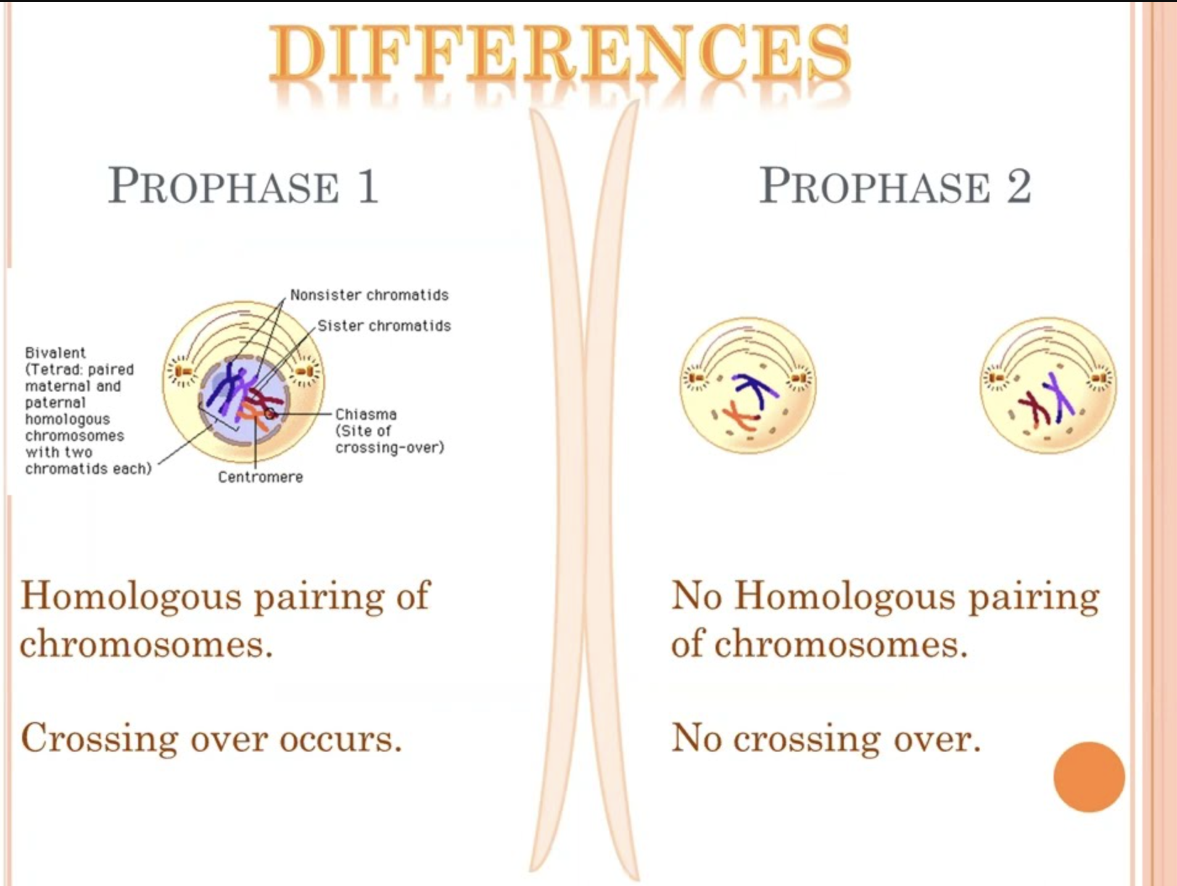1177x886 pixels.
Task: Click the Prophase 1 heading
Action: point(243,186)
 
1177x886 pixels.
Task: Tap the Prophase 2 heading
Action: point(894,186)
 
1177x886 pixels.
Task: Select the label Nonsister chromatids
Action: point(369,295)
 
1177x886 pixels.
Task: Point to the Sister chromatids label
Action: point(384,326)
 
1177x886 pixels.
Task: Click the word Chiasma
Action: point(365,414)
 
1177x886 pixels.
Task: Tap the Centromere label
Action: point(260,477)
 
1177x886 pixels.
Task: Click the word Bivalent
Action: point(56,353)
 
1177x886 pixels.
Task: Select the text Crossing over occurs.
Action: point(211,738)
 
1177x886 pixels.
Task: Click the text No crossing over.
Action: point(825,738)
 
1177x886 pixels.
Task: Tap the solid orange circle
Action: point(1089,777)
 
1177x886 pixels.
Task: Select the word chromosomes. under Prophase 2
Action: point(841,645)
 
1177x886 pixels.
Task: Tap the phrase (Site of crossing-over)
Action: point(389,439)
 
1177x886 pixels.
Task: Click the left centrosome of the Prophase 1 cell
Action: point(183,371)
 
